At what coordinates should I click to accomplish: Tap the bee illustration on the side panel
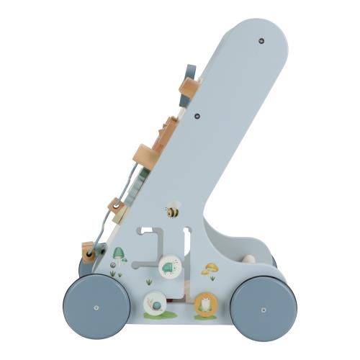click(173, 212)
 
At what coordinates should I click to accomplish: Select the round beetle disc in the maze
click(170, 268)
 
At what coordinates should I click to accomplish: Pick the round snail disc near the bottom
click(155, 304)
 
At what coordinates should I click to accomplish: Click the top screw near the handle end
click(261, 41)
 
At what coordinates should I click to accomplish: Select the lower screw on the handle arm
click(197, 116)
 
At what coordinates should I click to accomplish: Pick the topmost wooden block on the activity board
click(189, 89)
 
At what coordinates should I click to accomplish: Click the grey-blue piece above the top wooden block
click(191, 71)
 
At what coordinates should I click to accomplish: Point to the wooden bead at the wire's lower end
click(89, 253)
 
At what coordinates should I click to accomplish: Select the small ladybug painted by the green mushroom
click(113, 265)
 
